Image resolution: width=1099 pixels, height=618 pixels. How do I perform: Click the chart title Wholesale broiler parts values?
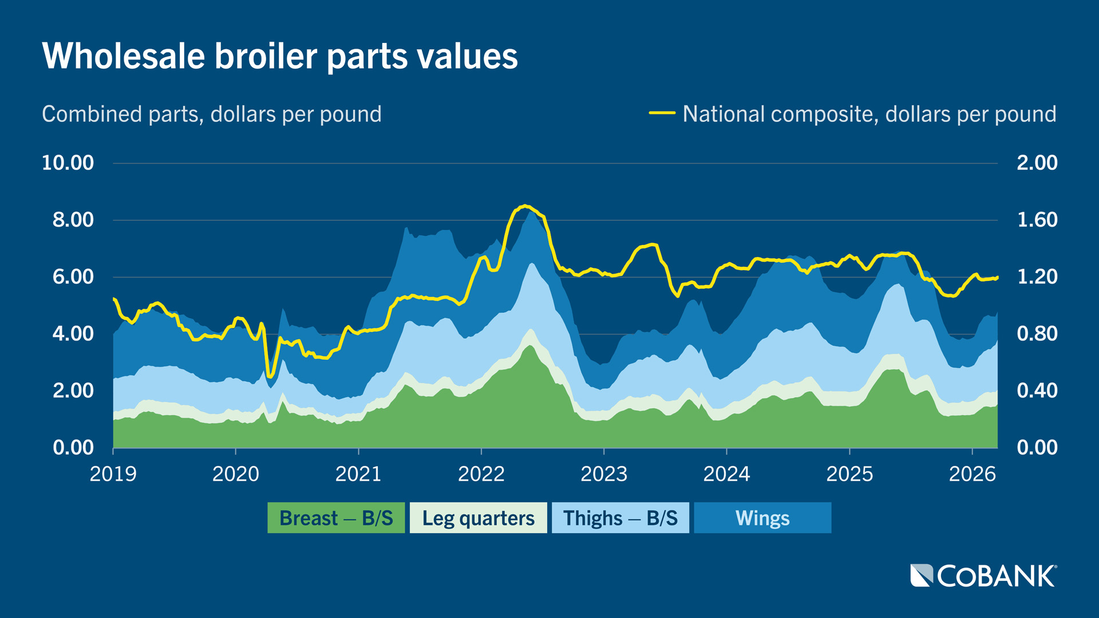(279, 56)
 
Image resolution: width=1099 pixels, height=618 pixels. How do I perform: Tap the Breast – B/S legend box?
(336, 518)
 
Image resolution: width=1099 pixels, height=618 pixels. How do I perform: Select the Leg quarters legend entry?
(478, 518)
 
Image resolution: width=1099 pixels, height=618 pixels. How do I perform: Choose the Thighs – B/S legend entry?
(620, 518)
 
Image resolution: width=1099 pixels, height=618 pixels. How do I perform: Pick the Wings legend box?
(762, 518)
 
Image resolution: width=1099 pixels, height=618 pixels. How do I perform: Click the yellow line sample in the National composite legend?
(662, 113)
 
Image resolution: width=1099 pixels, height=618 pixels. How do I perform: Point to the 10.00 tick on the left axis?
(68, 163)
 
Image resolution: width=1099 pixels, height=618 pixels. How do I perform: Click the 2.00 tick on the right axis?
(1037, 163)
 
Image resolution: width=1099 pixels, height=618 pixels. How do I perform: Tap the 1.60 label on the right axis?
(1037, 220)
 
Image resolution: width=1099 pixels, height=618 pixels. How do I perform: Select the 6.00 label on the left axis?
(73, 277)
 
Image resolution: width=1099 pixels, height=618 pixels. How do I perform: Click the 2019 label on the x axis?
(113, 474)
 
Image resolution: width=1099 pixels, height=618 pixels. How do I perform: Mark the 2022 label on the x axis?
(481, 474)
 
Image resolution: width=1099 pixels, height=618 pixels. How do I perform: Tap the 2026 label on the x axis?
(972, 474)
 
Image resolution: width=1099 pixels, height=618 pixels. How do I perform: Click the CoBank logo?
(983, 576)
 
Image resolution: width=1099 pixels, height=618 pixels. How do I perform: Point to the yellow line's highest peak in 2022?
(525, 206)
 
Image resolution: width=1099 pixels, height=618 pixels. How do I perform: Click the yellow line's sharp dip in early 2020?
(270, 376)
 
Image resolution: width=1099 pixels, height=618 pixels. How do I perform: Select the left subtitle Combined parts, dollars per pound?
(211, 114)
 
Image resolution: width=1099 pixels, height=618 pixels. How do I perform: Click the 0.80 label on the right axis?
(1037, 334)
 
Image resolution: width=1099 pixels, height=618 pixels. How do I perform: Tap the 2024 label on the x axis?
(726, 474)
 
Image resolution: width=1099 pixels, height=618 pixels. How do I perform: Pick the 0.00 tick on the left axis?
(73, 447)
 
